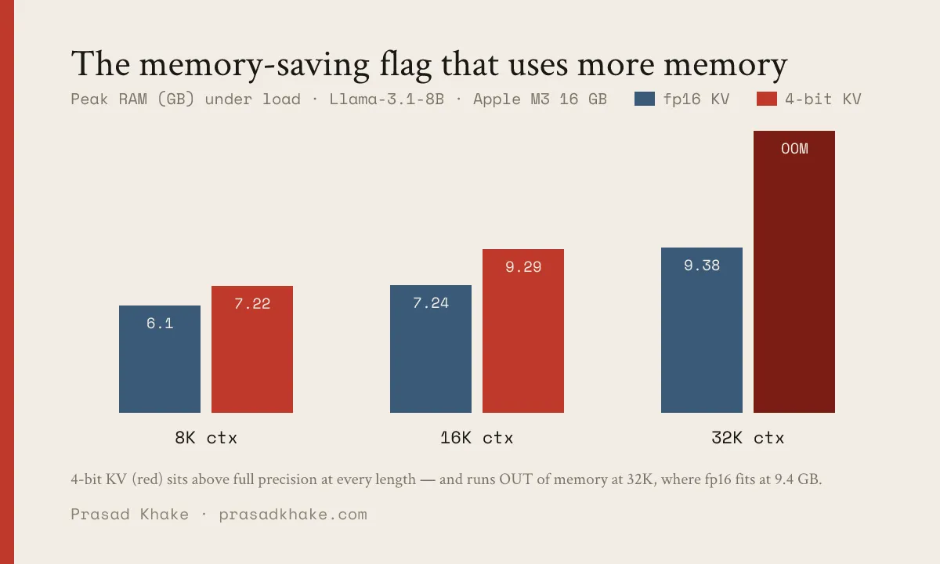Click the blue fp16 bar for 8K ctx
coord(160,359)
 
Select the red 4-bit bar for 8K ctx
coord(252,349)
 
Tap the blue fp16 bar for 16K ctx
coord(431,349)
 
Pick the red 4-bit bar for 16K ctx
coord(523,331)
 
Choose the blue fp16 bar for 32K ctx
coord(702,330)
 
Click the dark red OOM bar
coord(794,272)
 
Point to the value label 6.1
coord(160,323)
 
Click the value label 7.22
coord(252,303)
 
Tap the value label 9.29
coord(523,266)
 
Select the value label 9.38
coord(702,266)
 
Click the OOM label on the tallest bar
coord(794,149)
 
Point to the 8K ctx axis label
coord(206,438)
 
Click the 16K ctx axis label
coord(477,438)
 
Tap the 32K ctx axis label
coord(748,438)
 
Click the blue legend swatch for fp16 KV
coord(645,99)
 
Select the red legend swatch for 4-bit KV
coord(767,99)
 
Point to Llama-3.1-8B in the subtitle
coord(386,99)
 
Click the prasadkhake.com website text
coord(293,515)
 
